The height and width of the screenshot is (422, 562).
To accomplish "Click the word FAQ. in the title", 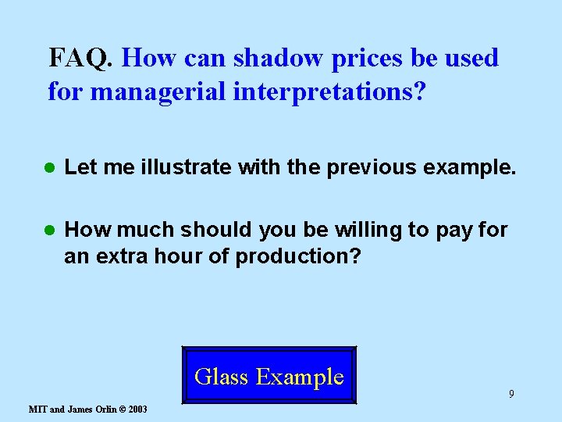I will click(82, 58).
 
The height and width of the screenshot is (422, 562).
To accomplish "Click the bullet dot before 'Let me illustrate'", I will click(48, 166).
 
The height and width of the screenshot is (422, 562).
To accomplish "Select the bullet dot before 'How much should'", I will click(48, 231).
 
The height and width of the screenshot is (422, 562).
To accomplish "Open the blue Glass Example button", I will click(269, 376).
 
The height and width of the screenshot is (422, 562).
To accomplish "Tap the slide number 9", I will click(511, 394).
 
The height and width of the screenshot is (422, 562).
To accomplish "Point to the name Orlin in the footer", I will click(101, 409).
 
